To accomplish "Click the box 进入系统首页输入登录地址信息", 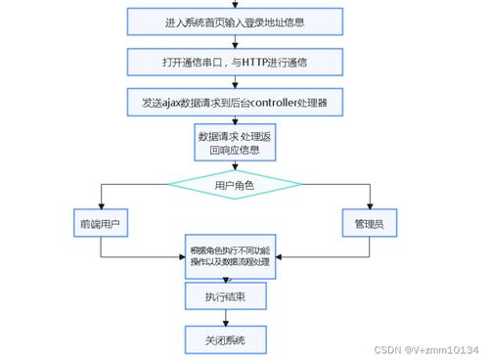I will click(x=235, y=22).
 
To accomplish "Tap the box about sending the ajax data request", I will click(x=235, y=101).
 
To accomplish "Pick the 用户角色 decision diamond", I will click(x=234, y=185).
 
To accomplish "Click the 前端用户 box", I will click(x=101, y=224).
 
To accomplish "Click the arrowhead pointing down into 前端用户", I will click(x=101, y=206).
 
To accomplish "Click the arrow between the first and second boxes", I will click(x=235, y=40).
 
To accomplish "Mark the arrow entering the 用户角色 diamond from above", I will click(x=234, y=167).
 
